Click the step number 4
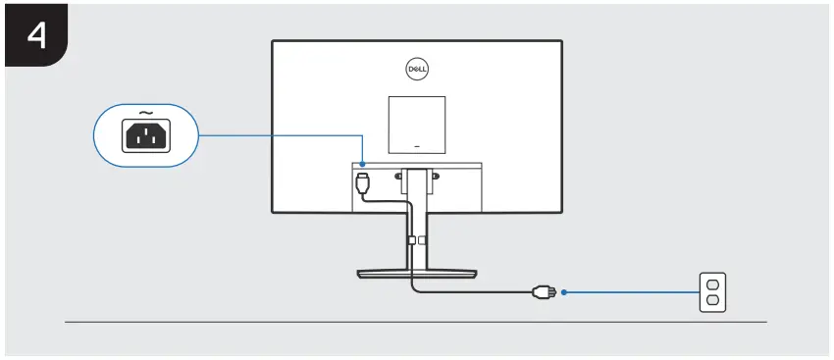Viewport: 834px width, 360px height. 36,36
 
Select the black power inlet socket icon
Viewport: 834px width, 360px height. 145,136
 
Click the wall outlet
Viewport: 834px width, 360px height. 712,292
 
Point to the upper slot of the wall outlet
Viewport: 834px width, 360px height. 712,283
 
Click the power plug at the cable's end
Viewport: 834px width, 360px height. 539,291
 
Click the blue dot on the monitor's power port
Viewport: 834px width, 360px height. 362,164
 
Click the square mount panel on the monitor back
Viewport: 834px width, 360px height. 416,122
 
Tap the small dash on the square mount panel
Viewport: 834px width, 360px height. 416,144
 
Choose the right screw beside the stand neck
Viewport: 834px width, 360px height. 436,176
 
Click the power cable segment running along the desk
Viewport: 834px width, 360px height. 471,290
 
